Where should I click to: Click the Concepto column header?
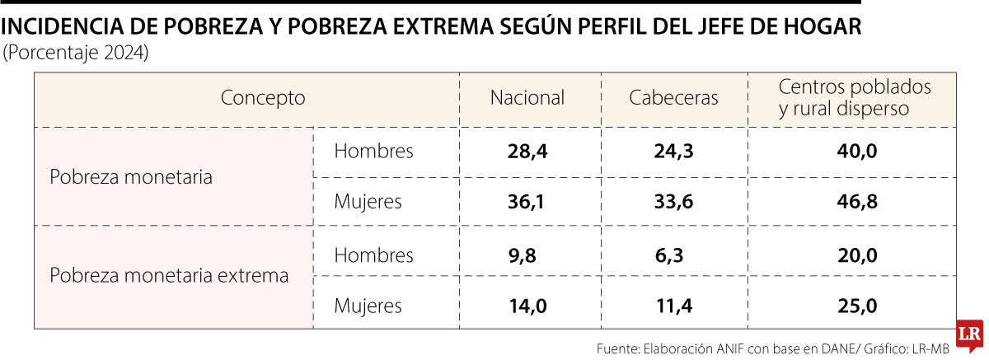(x=263, y=98)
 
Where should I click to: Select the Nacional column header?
(x=527, y=98)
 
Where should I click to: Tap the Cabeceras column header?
(x=673, y=98)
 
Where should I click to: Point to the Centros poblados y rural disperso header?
(x=855, y=97)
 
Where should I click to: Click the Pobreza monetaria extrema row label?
(x=170, y=276)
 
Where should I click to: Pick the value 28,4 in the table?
(x=527, y=152)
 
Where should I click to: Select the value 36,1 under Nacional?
(x=527, y=202)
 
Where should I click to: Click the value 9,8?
(x=523, y=256)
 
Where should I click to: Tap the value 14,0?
(x=527, y=306)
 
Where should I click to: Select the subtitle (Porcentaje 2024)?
(x=77, y=54)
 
